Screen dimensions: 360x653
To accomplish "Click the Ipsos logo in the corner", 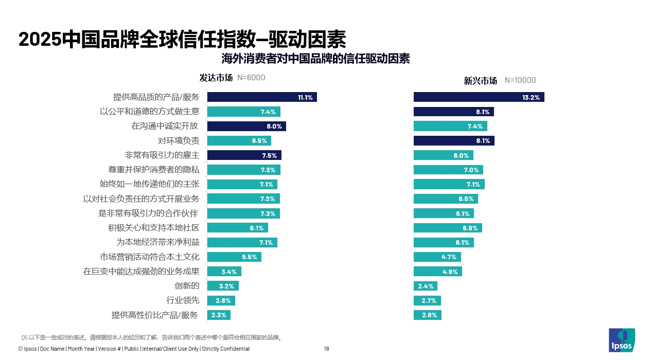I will tap(622, 340).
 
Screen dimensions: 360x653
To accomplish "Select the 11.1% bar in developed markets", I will tap(262, 97).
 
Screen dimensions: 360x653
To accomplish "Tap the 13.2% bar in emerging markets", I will tap(479, 97).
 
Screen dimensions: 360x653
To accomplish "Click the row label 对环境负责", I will tap(179, 140).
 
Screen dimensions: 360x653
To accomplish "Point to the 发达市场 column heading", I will tap(216, 78).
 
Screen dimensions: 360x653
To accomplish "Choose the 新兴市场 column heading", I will tap(481, 81).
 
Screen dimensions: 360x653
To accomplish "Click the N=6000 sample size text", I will tap(251, 78).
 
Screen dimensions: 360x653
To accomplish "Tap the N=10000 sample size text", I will tap(520, 80).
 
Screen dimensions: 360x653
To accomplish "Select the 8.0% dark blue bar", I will tap(246, 126).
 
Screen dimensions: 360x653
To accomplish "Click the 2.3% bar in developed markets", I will tap(219, 315).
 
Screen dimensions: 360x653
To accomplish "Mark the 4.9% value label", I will tap(450, 272).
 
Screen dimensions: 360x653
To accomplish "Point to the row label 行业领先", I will tap(183, 300).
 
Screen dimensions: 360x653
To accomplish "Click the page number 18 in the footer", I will tap(326, 349).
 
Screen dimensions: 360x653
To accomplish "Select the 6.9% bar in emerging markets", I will tap(448, 228).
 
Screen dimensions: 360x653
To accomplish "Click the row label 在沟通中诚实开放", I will tap(165, 126).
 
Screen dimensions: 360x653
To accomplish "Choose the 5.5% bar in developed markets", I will tap(234, 257).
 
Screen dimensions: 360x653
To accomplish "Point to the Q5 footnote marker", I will tap(24, 338).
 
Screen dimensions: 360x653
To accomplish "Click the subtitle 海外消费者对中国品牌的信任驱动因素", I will tap(315, 59).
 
